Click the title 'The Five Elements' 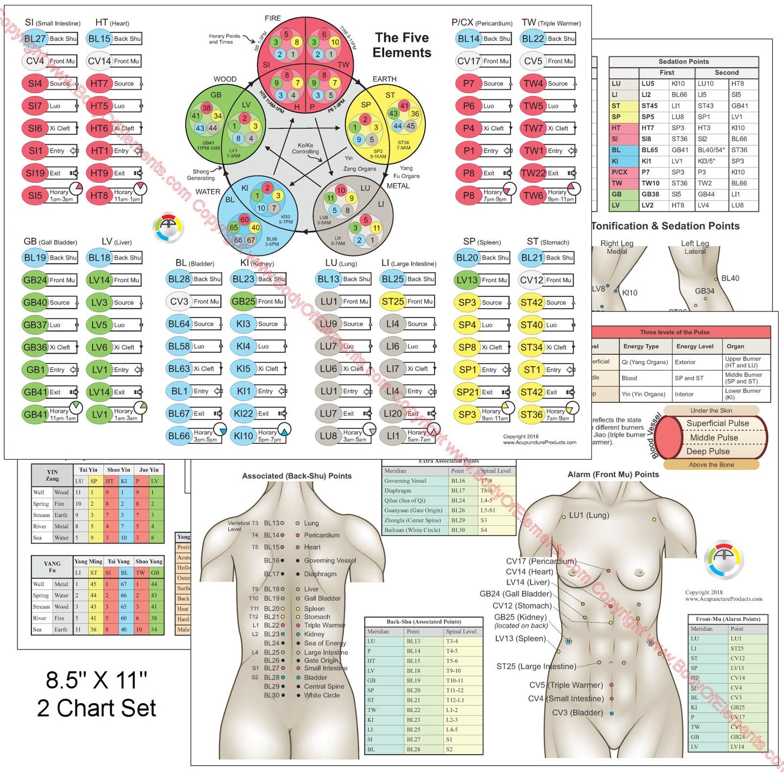tap(401, 45)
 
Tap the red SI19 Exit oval tap(35, 173)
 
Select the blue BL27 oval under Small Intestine tap(35, 39)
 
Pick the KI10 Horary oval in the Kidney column tap(244, 435)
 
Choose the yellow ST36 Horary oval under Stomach tap(531, 415)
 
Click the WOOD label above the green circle tap(225, 79)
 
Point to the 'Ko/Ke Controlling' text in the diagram tap(305, 149)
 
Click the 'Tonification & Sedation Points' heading tap(665, 226)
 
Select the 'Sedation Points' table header tap(684, 61)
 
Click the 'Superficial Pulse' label tap(717, 423)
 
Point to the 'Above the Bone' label tap(711, 465)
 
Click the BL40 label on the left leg tap(730, 278)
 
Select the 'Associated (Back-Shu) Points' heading tap(297, 476)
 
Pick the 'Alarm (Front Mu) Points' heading tap(613, 474)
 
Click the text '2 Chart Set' tap(97, 708)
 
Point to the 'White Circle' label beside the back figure tap(322, 695)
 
